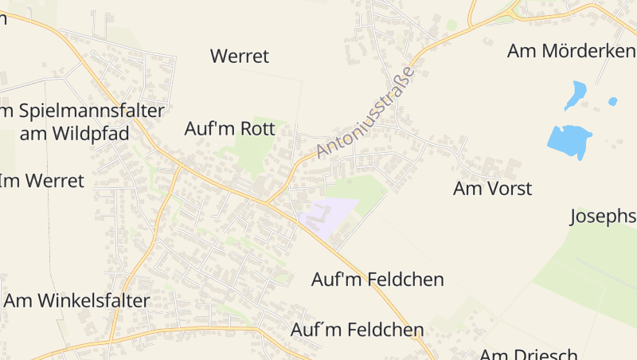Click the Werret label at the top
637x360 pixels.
pos(240,57)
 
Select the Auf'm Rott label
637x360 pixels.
pos(229,128)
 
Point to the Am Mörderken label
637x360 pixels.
pos(570,52)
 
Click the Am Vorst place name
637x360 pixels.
pos(492,189)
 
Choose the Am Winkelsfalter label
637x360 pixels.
pos(77,300)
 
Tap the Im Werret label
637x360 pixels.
pos(41,181)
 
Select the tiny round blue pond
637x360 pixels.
pos(612,101)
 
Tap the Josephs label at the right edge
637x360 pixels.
pos(604,217)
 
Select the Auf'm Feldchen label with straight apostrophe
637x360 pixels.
pos(377,280)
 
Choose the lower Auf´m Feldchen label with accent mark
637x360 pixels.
pos(357,329)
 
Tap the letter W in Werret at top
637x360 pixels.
pos(219,57)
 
